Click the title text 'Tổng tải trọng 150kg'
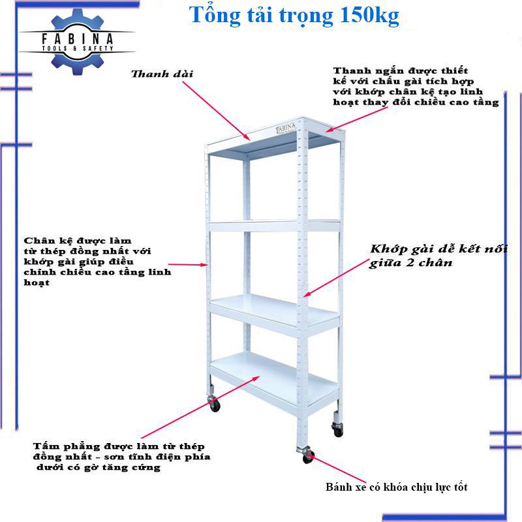294,16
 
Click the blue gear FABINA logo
77,42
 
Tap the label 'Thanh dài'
162,74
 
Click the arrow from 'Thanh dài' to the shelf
216,110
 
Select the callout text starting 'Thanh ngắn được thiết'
416,87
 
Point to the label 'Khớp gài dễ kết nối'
438,249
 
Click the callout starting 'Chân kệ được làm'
97,262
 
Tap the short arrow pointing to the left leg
188,265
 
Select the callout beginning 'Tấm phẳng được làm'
121,457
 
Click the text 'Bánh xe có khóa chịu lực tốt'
397,487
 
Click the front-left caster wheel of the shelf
214,404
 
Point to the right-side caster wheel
337,429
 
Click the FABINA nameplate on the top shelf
286,128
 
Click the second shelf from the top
274,225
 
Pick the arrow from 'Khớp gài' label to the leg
336,278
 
